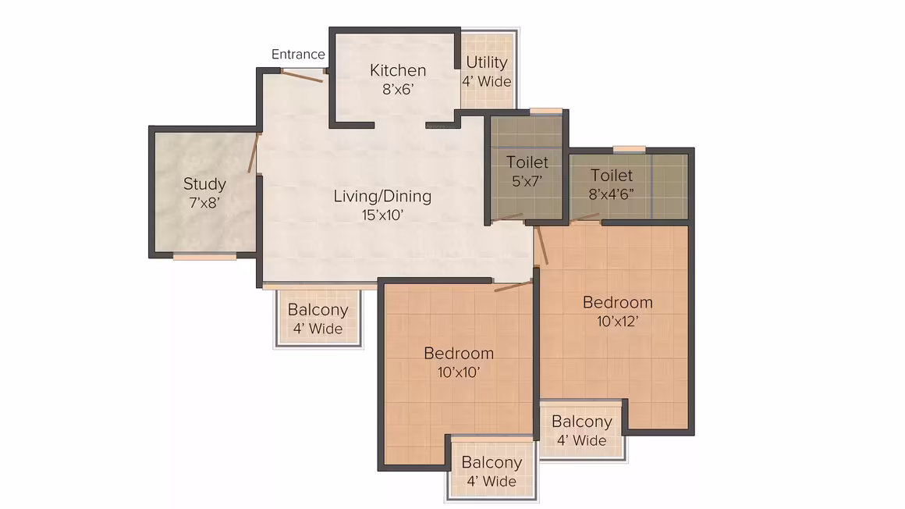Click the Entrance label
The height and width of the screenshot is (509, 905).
pyautogui.click(x=298, y=55)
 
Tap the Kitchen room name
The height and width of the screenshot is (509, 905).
pyautogui.click(x=398, y=70)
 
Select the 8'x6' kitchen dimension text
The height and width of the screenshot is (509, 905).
pyautogui.click(x=398, y=90)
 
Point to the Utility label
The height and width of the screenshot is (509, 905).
pyautogui.click(x=487, y=62)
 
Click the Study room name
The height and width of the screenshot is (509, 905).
pyautogui.click(x=204, y=184)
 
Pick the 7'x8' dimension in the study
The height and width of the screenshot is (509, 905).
pyautogui.click(x=204, y=203)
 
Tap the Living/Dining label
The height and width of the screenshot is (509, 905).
pyautogui.click(x=382, y=197)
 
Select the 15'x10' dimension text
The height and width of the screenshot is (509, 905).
pyautogui.click(x=382, y=215)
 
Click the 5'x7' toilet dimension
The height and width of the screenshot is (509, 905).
pyautogui.click(x=527, y=181)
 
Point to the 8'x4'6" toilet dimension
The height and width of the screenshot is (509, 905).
pyautogui.click(x=611, y=194)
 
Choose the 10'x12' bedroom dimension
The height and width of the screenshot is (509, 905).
pyautogui.click(x=618, y=321)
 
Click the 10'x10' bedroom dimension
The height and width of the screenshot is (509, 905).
pyautogui.click(x=458, y=372)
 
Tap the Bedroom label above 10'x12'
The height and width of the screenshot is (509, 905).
pyautogui.click(x=618, y=302)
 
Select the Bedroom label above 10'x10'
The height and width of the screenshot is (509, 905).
pyautogui.click(x=458, y=353)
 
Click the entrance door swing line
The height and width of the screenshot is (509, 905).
pyautogui.click(x=302, y=77)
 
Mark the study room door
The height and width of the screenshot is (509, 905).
pyautogui.click(x=253, y=153)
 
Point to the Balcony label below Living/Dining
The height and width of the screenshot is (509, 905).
pyautogui.click(x=318, y=310)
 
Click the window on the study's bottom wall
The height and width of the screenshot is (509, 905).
pyautogui.click(x=204, y=257)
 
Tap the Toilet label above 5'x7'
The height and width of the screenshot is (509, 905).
pyautogui.click(x=527, y=162)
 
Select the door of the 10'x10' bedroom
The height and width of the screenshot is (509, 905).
pyautogui.click(x=513, y=286)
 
